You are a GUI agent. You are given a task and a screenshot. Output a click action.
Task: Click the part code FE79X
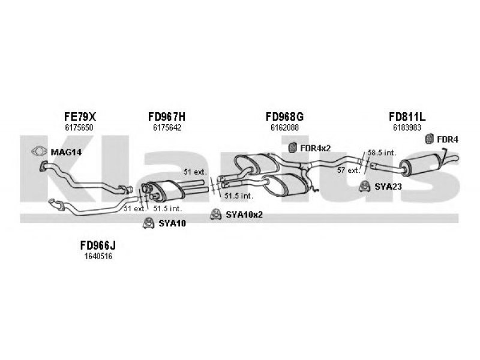click(x=80, y=116)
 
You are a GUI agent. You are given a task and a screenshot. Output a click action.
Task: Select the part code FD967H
click(x=167, y=116)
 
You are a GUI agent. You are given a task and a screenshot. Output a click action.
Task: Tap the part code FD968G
click(x=284, y=116)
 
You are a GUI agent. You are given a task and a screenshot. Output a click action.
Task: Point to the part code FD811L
click(x=407, y=116)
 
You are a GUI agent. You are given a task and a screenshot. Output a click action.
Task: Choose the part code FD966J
click(x=98, y=245)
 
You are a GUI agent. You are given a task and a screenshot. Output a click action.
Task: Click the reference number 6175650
click(x=79, y=127)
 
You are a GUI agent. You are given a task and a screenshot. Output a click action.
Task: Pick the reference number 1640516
click(x=98, y=256)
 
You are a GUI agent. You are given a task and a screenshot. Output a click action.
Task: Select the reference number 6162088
click(x=284, y=127)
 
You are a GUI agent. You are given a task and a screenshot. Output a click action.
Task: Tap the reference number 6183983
click(x=407, y=127)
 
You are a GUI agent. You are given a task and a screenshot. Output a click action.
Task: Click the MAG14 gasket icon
click(x=39, y=151)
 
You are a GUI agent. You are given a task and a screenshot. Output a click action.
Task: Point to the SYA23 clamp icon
click(x=365, y=187)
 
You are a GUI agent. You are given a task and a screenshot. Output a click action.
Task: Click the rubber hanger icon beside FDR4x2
click(x=293, y=148)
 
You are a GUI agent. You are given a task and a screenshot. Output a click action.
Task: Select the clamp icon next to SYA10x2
click(x=216, y=215)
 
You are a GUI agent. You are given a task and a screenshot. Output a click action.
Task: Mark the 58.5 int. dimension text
click(x=382, y=152)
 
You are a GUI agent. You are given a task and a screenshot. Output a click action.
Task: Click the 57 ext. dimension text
click(x=349, y=170)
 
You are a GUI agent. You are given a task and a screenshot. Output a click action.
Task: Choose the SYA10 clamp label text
click(x=172, y=223)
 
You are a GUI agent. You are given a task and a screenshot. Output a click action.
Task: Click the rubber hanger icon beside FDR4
click(x=430, y=139)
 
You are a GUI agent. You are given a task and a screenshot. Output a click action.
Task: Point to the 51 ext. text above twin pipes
click(x=196, y=172)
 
